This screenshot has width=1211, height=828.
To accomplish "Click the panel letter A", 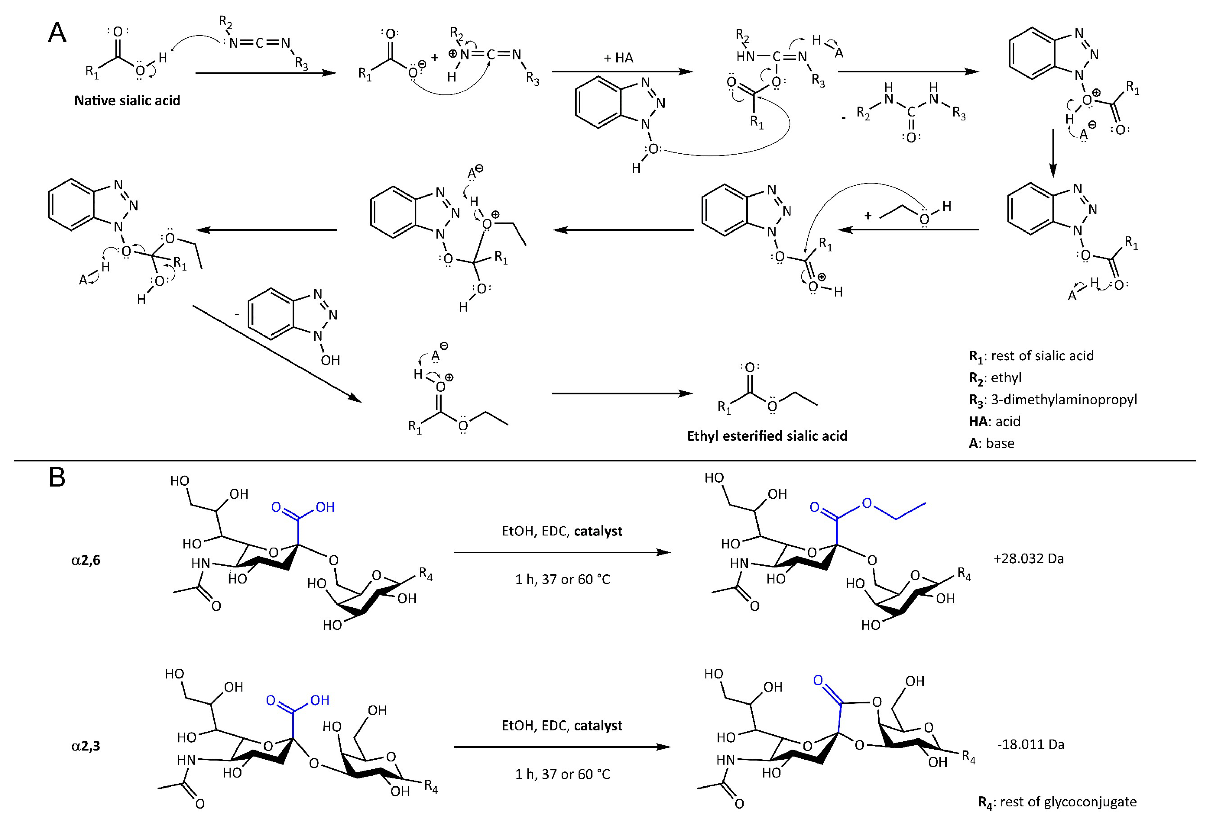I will (x=57, y=33).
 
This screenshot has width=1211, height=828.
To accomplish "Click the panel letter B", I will (x=57, y=477).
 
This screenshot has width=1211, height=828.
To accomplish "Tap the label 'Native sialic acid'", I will (x=127, y=100).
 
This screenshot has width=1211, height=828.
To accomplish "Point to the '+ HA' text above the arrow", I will (x=619, y=58).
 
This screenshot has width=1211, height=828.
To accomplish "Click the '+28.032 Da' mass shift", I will (x=1028, y=559).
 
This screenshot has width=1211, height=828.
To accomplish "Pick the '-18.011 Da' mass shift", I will (x=1030, y=744).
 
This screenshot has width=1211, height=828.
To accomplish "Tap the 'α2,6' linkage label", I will (x=86, y=560).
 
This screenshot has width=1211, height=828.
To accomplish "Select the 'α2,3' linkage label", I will (x=86, y=746).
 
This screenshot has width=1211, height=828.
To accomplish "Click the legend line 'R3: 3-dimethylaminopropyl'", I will (x=1053, y=400).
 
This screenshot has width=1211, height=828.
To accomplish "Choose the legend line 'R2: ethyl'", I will (x=995, y=378).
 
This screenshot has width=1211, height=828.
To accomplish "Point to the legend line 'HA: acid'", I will (x=994, y=421).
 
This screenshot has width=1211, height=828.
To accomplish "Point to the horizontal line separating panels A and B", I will (x=604, y=461).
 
